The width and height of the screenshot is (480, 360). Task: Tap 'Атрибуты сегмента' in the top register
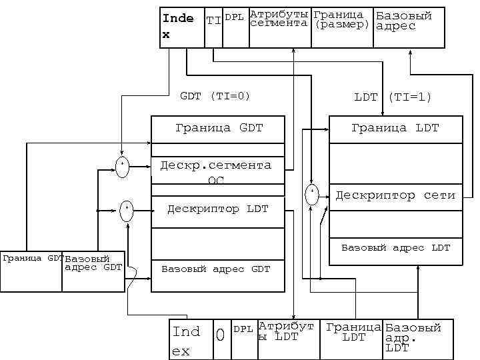(279, 19)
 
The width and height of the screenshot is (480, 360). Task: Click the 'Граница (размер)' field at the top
(341, 19)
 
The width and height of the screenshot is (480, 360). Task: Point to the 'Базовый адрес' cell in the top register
(404, 21)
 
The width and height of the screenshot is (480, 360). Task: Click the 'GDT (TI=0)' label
(215, 96)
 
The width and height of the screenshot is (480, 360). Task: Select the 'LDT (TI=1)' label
(393, 97)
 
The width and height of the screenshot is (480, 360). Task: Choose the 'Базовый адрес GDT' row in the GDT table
(216, 269)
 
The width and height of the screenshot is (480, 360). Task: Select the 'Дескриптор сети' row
(395, 195)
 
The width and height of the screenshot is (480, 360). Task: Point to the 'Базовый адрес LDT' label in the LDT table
(395, 248)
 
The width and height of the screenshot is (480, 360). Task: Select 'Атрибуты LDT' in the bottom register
(286, 331)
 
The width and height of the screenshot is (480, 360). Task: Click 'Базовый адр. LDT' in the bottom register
(413, 337)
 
